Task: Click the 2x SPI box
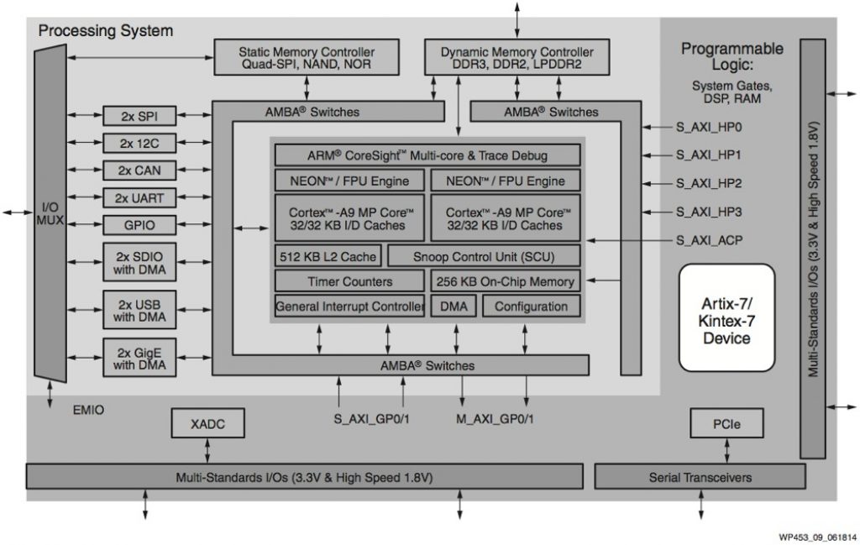pyautogui.click(x=139, y=116)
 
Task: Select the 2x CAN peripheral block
pyautogui.click(x=139, y=170)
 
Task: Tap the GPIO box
pyautogui.click(x=139, y=225)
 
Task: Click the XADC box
pyautogui.click(x=208, y=423)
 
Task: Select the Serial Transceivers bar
pyautogui.click(x=700, y=477)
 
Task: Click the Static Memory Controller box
pyautogui.click(x=306, y=57)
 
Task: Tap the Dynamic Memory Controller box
pyautogui.click(x=517, y=57)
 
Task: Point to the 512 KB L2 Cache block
pyautogui.click(x=328, y=256)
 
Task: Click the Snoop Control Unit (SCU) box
pyautogui.click(x=484, y=256)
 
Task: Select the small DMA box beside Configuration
pyautogui.click(x=454, y=307)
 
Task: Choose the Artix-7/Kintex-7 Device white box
pyautogui.click(x=726, y=319)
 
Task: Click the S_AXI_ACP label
pyautogui.click(x=709, y=240)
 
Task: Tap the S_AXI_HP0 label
pyautogui.click(x=709, y=128)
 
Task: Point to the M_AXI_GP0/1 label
pyautogui.click(x=495, y=418)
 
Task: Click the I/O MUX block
pyautogui.click(x=50, y=214)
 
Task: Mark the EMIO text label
pyautogui.click(x=88, y=411)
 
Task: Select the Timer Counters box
pyautogui.click(x=349, y=281)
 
